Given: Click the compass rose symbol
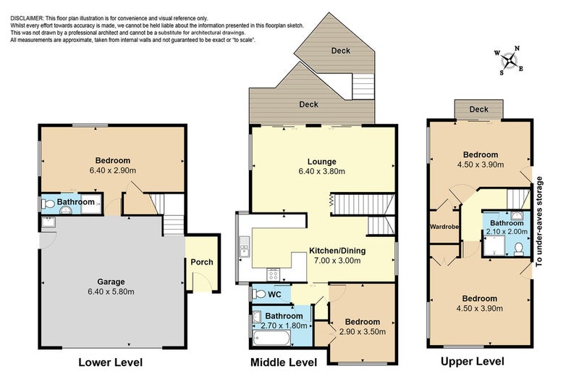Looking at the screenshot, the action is click(x=510, y=60).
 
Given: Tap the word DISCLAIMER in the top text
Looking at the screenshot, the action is click(x=27, y=18).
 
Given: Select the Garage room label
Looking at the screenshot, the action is click(x=111, y=282).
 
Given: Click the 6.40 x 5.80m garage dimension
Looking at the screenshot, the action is click(x=111, y=291).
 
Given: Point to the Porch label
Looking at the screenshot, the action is click(x=202, y=262).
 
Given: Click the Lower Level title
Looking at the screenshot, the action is click(x=111, y=362).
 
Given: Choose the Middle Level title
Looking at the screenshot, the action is click(x=284, y=362).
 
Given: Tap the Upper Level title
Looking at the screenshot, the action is click(x=473, y=361).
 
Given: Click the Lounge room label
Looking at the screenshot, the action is click(x=322, y=162).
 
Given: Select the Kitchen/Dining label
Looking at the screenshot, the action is click(x=337, y=251).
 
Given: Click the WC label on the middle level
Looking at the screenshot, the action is click(x=274, y=294).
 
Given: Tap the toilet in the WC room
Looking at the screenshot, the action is click(x=259, y=294).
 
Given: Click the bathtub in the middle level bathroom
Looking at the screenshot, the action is click(x=272, y=338).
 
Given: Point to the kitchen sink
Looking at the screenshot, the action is click(x=244, y=246).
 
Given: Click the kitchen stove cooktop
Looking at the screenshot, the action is click(x=274, y=275).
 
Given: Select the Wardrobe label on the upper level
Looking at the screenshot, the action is click(x=444, y=226).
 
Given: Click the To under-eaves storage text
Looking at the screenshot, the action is click(x=539, y=222).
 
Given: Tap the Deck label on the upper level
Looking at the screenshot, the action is click(x=478, y=109).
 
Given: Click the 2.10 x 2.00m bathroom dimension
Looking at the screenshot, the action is click(x=507, y=231).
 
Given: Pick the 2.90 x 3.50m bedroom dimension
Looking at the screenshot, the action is click(x=363, y=331).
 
